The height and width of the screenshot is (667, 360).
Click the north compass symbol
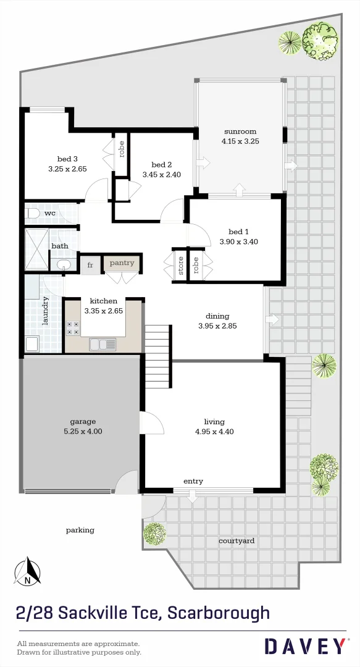point(28,572)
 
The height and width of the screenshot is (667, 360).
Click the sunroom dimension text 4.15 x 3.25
point(240,141)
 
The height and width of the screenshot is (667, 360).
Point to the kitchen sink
point(102,344)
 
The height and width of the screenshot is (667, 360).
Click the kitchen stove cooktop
point(72,328)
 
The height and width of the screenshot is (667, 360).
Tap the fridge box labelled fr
point(90,265)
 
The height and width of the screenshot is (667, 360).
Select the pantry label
point(122,263)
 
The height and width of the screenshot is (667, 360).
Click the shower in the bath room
point(36,249)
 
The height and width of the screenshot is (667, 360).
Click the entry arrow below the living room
point(192,495)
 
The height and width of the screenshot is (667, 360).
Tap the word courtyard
point(237,540)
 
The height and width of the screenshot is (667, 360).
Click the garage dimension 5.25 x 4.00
point(83,432)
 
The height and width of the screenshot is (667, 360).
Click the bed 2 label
point(161,164)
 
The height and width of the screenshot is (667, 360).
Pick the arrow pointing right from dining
point(272,319)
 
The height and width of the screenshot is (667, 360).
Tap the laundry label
point(45,312)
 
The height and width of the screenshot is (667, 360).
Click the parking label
point(80,530)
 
